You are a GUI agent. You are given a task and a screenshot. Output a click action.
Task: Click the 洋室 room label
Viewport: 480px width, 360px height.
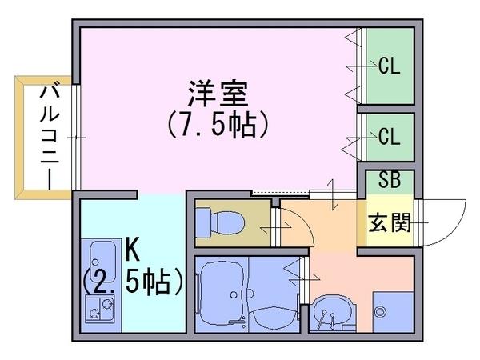pos(218,94)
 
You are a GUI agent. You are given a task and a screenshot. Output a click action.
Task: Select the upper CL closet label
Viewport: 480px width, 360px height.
pos(389,66)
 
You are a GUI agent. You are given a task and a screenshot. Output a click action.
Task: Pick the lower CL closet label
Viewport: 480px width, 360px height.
pos(389,136)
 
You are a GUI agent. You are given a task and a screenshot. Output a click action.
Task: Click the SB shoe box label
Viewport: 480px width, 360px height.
pos(390,180)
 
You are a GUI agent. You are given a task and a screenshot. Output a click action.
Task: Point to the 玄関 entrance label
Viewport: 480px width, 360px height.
pos(389,222)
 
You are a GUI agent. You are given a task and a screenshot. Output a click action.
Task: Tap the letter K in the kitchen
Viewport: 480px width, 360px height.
pos(133,252)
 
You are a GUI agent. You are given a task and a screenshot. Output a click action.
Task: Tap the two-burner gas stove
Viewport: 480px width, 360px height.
pos(100,309)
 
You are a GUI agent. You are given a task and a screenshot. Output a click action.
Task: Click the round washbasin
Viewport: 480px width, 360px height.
pos(333,313)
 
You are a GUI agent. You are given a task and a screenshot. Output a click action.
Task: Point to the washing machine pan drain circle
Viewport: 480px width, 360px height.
pos(380,312)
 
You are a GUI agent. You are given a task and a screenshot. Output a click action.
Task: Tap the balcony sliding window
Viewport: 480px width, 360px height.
pos(76,137)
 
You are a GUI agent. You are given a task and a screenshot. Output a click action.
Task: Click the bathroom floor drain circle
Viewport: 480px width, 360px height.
pos(234,294)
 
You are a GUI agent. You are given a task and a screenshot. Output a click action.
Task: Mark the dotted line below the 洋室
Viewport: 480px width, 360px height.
pos(280,193)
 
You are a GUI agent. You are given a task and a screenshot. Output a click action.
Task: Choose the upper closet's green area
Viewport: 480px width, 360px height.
pos(390,66)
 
